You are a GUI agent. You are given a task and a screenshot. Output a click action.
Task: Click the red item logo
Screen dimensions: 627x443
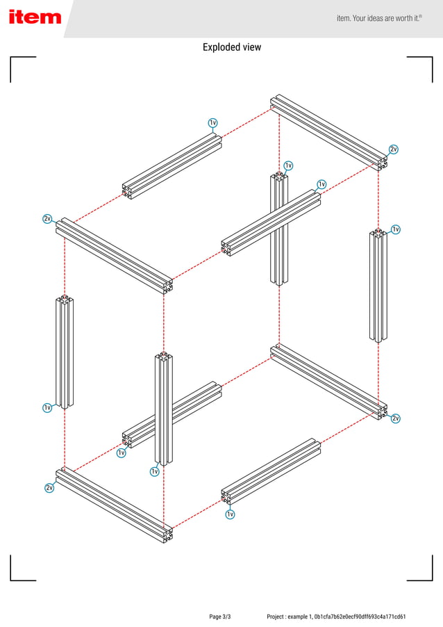tap(35, 17)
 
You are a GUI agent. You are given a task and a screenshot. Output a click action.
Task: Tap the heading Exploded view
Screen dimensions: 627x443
tap(232, 47)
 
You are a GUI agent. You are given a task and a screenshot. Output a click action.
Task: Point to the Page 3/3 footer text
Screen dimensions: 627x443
tap(220, 617)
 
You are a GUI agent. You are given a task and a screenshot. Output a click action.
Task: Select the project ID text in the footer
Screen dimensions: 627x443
tap(336, 617)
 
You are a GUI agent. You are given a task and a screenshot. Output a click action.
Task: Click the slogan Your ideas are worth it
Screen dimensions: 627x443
tap(379, 18)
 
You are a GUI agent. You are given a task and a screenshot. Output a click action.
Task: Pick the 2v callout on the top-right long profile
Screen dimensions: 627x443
tap(394, 149)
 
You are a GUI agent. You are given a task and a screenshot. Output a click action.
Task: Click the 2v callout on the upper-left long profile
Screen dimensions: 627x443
tap(47, 219)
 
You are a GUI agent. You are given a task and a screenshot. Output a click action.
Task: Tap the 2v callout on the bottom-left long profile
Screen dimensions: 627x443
tap(49, 488)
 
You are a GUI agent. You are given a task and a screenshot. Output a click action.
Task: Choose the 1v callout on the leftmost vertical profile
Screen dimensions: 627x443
tap(47, 407)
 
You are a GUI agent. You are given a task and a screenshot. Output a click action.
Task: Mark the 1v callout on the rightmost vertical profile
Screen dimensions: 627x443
tap(396, 229)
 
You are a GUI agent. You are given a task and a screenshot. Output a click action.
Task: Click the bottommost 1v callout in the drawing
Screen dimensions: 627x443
tap(230, 514)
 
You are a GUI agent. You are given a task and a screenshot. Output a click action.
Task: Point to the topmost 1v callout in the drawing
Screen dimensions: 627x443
tap(213, 123)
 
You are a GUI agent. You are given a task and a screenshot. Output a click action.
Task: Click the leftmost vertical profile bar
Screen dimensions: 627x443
tap(65, 352)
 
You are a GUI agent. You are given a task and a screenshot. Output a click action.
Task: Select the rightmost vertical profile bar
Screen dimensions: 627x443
tap(378, 286)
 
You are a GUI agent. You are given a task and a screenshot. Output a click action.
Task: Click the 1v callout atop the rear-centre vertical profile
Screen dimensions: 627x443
tap(288, 165)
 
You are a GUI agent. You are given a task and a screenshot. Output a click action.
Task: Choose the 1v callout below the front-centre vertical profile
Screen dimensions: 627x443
tap(155, 471)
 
